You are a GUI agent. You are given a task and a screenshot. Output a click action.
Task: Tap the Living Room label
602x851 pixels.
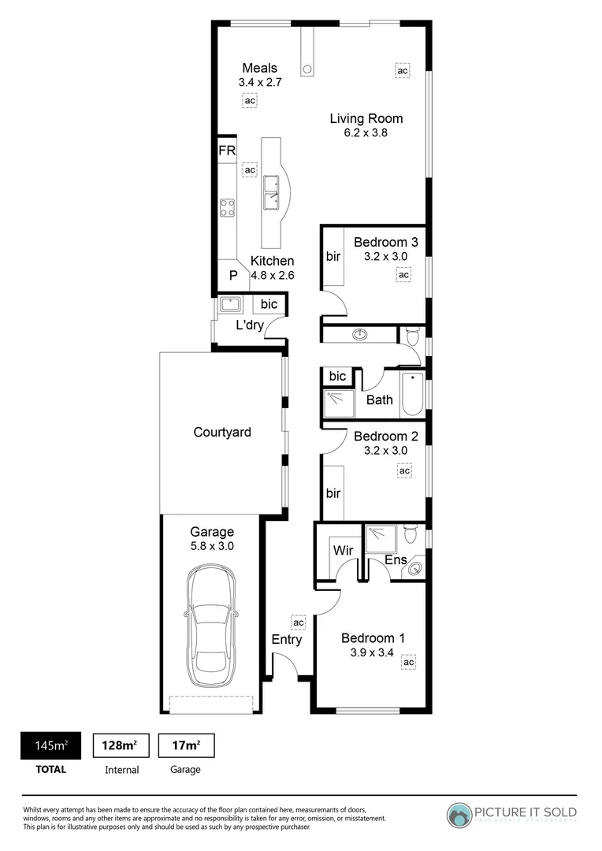click(x=366, y=119)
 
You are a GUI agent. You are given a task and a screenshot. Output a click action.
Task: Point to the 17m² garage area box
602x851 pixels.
click(x=187, y=745)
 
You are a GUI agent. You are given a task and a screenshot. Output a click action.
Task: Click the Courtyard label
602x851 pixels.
click(x=222, y=432)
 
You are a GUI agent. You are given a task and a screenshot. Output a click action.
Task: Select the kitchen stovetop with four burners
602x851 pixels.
click(x=227, y=207)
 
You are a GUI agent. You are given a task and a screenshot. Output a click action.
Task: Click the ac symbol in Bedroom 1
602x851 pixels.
click(x=408, y=663)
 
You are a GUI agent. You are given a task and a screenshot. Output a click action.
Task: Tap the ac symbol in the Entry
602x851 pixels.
click(x=298, y=622)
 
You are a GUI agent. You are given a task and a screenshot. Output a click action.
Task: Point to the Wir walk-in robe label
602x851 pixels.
click(x=342, y=549)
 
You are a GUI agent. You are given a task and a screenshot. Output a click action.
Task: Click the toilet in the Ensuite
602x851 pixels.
click(x=409, y=536)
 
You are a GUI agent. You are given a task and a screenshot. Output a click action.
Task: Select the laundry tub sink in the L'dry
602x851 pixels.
click(x=230, y=304)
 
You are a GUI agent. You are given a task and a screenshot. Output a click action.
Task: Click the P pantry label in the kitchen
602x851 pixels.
click(x=233, y=275)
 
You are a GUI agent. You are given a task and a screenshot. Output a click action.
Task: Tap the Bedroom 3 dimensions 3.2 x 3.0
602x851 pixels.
click(x=385, y=256)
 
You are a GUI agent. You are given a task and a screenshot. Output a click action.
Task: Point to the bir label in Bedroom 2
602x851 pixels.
click(x=333, y=493)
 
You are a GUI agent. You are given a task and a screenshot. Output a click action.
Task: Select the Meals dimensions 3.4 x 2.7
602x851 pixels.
click(x=259, y=81)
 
